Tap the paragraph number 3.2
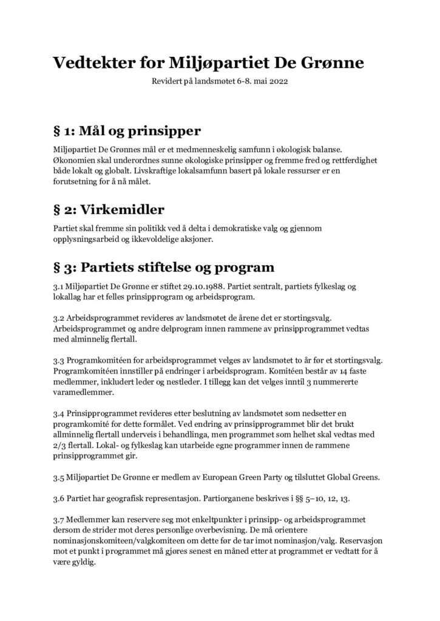coord(59,317)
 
